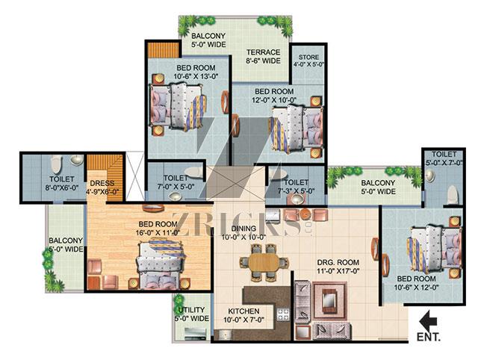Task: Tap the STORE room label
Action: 308,57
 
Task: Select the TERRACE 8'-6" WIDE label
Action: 264,56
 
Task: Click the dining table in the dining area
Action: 264,263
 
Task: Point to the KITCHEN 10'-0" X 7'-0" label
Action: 243,315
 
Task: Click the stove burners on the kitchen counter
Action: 283,314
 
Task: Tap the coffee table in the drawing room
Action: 329,299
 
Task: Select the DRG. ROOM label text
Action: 338,262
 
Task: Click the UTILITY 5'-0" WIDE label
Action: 192,314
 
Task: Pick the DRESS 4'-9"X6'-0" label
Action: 102,187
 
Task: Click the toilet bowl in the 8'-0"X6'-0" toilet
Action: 56,164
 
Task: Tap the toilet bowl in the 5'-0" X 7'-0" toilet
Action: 453,195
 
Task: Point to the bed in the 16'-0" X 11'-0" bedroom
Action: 161,264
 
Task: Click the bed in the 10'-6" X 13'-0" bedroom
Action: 178,107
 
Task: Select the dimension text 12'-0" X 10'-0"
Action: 274,100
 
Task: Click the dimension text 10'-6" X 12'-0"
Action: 416,287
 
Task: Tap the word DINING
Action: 243,229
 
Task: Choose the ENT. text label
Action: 429,337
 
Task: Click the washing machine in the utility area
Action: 195,334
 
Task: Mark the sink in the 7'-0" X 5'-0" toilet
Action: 175,196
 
